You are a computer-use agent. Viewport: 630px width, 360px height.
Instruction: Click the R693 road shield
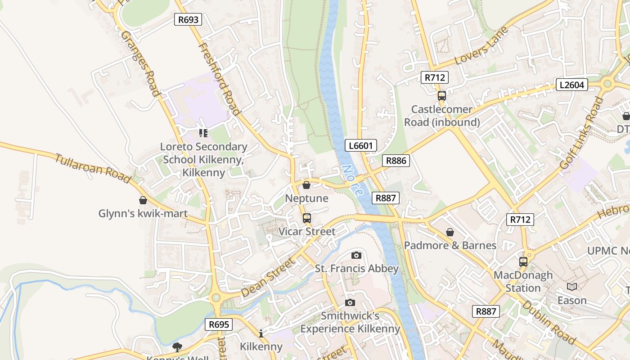tap(188, 19)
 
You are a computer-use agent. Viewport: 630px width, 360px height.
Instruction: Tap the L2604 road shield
tap(571, 85)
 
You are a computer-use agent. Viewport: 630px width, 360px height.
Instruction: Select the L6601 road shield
tap(361, 145)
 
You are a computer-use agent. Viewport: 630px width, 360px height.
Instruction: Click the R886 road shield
tap(396, 161)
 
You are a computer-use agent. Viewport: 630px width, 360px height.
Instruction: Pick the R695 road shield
tap(219, 324)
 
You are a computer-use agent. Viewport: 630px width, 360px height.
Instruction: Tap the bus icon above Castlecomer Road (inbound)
tap(441, 95)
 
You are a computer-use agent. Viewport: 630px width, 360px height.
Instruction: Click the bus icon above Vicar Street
tap(307, 218)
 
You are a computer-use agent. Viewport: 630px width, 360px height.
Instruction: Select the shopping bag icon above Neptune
tap(306, 185)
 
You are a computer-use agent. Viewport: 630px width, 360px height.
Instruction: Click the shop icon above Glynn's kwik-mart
tap(143, 200)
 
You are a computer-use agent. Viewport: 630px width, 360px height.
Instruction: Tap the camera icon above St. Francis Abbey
tap(356, 256)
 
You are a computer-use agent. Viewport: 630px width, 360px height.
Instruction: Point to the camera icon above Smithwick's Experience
tap(350, 302)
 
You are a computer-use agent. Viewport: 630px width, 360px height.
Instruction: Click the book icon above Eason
tap(572, 287)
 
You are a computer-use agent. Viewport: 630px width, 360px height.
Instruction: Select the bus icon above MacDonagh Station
tap(523, 261)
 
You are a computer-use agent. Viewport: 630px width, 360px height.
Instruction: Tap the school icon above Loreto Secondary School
tap(203, 133)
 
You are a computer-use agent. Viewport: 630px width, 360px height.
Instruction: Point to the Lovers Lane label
tap(481, 45)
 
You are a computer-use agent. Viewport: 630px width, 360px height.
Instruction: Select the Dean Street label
tap(267, 277)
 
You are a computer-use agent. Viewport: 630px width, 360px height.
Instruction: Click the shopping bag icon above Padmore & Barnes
tap(450, 232)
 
